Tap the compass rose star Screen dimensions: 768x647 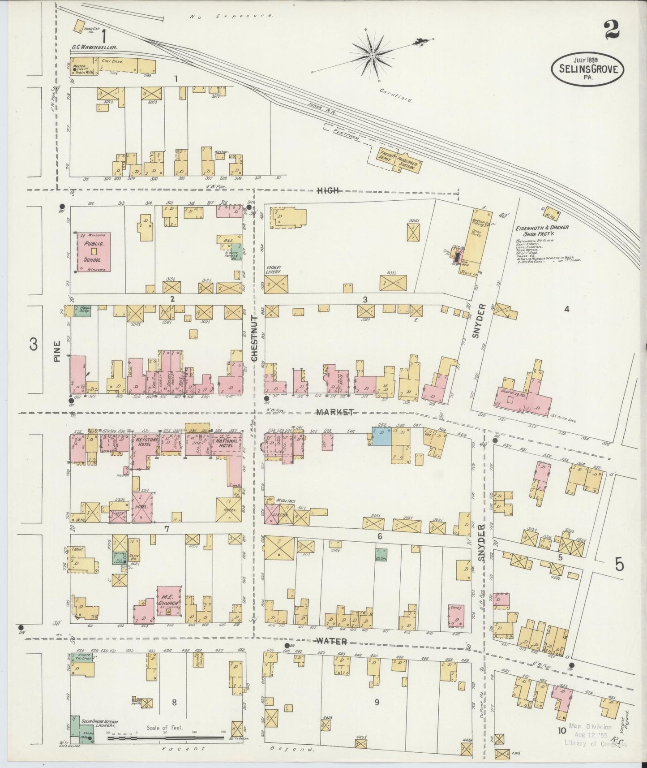click(373, 56)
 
